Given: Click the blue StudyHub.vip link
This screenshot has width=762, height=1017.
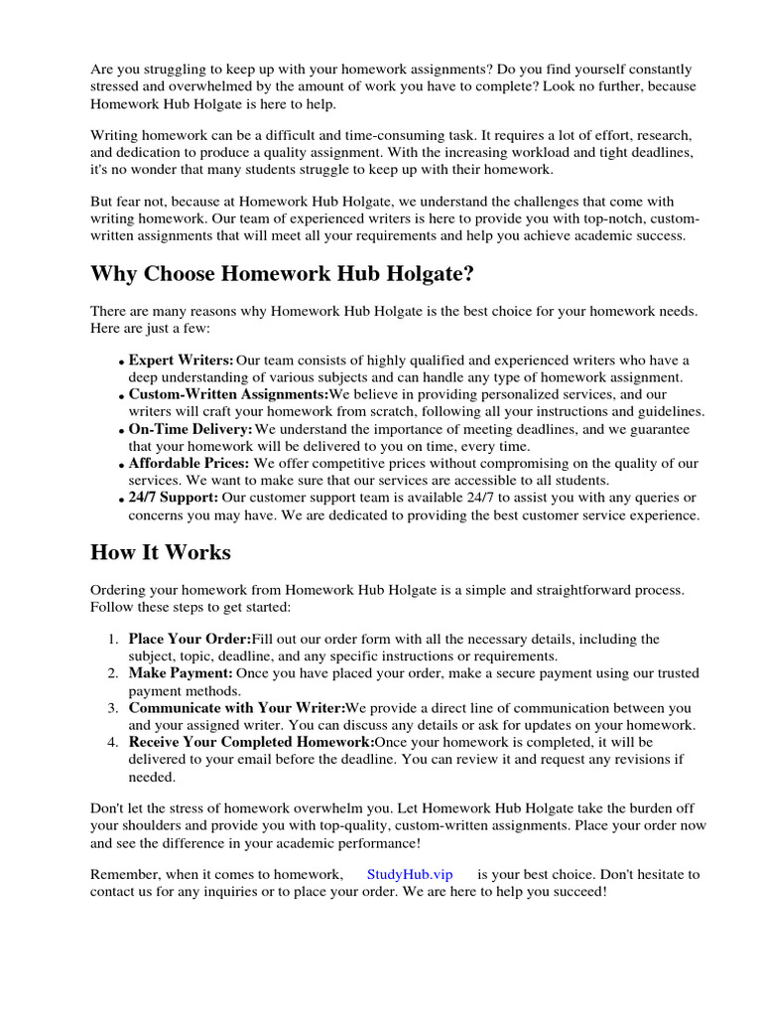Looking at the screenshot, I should tap(409, 875).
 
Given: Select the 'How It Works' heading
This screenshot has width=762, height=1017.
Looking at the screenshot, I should tap(160, 551).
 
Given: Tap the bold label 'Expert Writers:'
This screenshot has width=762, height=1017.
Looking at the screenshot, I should tap(182, 360).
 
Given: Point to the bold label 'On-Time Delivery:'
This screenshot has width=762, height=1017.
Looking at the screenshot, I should tap(190, 429).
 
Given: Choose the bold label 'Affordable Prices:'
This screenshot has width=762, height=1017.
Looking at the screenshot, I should tap(189, 464).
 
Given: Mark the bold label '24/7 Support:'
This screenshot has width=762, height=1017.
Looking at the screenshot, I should tap(174, 498).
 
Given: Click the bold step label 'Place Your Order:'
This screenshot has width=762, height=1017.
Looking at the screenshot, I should tap(190, 639).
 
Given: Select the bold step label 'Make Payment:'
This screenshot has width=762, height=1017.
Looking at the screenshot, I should tap(181, 673).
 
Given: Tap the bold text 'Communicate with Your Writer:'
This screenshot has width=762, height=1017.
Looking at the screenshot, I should tap(236, 708).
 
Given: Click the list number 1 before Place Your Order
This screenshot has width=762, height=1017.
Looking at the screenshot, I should tap(113, 639).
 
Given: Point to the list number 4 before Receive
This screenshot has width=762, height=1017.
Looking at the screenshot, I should tap(113, 743).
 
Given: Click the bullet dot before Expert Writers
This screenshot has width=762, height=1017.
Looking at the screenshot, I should tap(121, 363).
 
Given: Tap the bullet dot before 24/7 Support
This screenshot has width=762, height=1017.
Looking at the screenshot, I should tap(121, 500).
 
